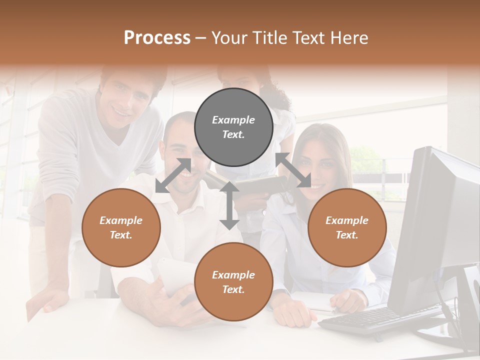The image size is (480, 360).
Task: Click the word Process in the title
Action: click(x=157, y=37)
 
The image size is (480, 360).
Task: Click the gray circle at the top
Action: click(x=233, y=127)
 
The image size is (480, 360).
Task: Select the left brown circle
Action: click(x=121, y=227)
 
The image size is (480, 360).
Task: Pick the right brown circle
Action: click(x=347, y=227)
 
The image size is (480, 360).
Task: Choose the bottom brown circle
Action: click(x=233, y=282)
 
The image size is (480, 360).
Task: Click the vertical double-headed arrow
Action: click(x=229, y=205)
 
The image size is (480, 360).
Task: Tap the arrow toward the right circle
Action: click(x=293, y=170)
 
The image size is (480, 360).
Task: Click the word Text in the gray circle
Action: click(x=233, y=134)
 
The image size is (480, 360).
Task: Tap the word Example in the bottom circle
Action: click(x=233, y=275)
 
